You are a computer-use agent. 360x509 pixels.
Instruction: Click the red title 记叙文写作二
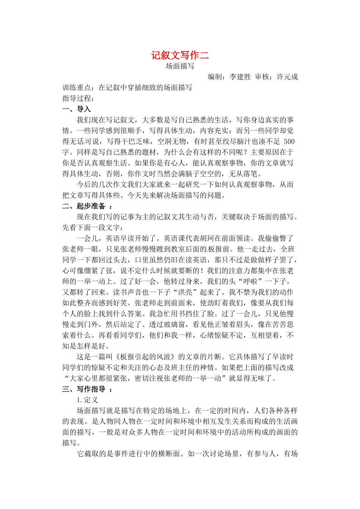pyautogui.click(x=180, y=55)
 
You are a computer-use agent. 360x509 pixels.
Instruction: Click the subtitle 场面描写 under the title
pyautogui.click(x=180, y=66)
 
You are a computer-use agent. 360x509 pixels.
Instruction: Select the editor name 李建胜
pyautogui.click(x=240, y=77)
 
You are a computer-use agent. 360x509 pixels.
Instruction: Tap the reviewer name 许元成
pyautogui.click(x=287, y=77)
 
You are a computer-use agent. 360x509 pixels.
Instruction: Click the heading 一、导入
pyautogui.click(x=77, y=109)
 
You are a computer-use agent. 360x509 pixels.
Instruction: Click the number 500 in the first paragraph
pyautogui.click(x=289, y=142)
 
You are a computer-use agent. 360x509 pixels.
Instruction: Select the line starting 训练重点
pyautogui.click(x=127, y=88)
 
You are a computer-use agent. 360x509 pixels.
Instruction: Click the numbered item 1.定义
pyautogui.click(x=87, y=400)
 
